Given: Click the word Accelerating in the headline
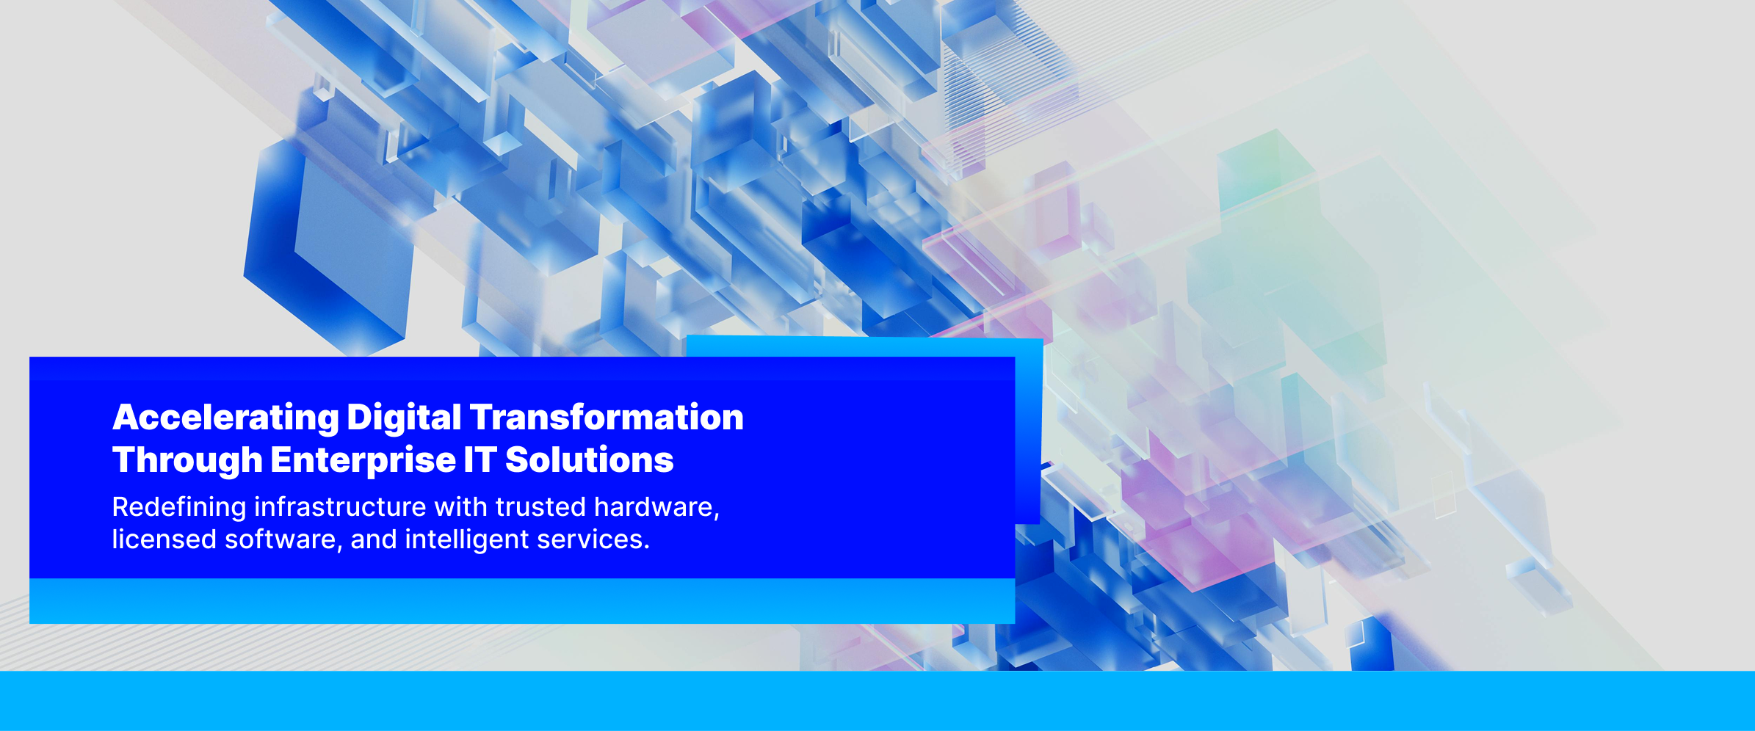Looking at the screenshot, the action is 225,418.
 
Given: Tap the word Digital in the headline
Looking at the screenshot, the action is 404,418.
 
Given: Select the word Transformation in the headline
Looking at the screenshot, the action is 607,417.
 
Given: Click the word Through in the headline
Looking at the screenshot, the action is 187,461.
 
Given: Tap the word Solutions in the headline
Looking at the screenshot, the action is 590,460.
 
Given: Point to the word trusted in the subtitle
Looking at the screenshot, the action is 540,507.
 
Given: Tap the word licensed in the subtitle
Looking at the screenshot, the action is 164,539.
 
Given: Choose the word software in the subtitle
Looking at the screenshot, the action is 283,540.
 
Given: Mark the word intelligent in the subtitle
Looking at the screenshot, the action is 467,540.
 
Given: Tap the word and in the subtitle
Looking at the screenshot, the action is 374,540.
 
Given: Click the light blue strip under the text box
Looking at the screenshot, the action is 522,601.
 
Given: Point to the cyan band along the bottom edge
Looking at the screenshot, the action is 877,701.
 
